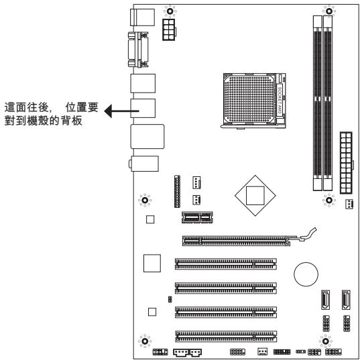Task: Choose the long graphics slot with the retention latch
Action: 241,239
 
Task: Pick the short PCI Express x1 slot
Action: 198,217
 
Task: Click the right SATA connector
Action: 347,300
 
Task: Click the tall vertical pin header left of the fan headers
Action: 177,193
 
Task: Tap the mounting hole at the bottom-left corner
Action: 143,340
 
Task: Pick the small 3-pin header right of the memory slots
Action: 349,204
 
